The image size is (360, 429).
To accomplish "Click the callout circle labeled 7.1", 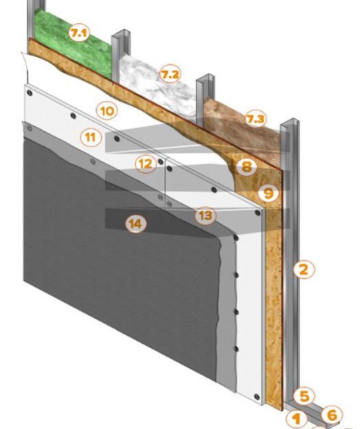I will (79, 32).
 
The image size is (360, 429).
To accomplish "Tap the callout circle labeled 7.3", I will (255, 120).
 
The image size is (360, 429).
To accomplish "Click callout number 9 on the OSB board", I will (269, 195).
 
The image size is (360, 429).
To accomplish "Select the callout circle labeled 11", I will (89, 137).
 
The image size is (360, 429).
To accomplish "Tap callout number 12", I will (144, 164).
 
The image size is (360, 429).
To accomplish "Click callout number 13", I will (204, 216).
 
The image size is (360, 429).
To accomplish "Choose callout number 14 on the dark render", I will (137, 223).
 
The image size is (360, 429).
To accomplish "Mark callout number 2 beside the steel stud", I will (303, 269).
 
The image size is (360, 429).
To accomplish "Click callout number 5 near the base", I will (304, 396).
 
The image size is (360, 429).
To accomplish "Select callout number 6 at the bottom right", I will (331, 415).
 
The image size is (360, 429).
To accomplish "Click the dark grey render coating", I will (103, 289).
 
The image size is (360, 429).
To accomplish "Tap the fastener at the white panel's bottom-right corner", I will (258, 397).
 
